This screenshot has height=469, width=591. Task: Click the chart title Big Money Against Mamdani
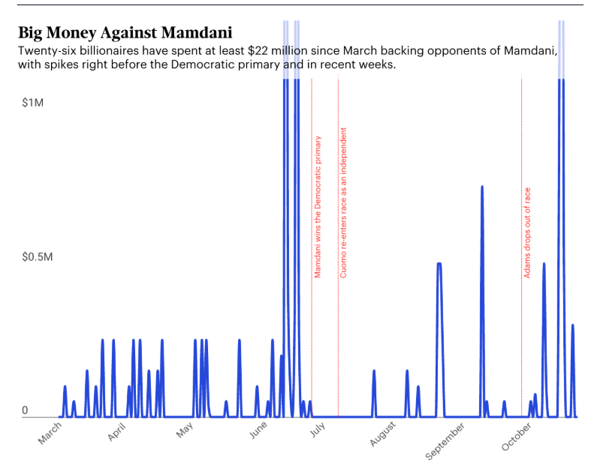[x=125, y=32]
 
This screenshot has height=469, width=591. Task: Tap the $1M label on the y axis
[x=33, y=101]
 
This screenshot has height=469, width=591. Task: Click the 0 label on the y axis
[x=25, y=410]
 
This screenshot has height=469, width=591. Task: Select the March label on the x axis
[x=50, y=434]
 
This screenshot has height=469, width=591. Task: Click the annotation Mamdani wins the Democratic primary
[x=318, y=207]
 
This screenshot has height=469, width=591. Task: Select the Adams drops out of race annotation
[x=527, y=232]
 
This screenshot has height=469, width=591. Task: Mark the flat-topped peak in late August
[x=439, y=263]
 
